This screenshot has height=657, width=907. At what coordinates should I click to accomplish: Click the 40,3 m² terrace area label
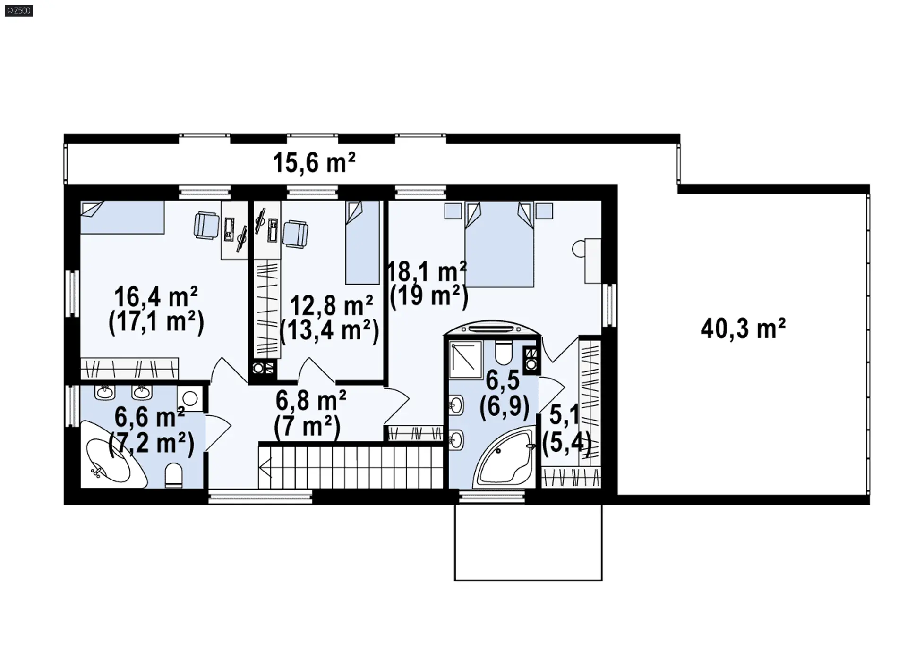[743, 328]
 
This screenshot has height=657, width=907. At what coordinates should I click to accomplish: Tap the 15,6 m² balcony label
[314, 162]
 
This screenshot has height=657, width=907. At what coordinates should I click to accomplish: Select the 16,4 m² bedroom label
[156, 297]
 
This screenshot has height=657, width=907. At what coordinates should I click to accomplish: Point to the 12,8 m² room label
[331, 305]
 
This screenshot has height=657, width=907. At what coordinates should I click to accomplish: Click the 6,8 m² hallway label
[311, 400]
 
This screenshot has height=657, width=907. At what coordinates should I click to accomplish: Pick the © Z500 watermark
[19, 10]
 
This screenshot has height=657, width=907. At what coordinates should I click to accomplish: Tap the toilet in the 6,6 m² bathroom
[174, 475]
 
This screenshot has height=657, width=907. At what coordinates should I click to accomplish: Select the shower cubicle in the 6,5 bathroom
[465, 360]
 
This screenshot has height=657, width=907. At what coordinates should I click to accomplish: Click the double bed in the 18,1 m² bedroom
[499, 244]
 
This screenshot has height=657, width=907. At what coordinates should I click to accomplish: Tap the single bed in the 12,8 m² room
[363, 243]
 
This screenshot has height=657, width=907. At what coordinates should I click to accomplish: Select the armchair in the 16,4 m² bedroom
[206, 225]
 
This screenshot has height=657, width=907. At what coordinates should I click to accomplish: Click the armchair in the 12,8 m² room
[295, 234]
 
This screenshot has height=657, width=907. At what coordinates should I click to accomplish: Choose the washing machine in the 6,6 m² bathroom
[190, 398]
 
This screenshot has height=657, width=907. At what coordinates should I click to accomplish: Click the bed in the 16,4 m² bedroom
[122, 218]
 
